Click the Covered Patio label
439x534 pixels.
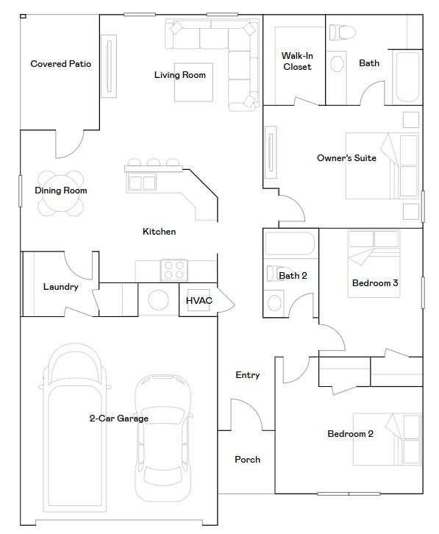(x=60, y=64)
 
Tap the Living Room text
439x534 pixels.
(x=180, y=75)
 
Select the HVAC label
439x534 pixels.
(x=199, y=300)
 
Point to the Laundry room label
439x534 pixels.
(x=60, y=287)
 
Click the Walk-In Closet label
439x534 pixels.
(x=297, y=61)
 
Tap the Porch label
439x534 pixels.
(x=247, y=460)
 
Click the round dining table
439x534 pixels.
(x=60, y=193)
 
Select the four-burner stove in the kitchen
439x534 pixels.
(x=174, y=270)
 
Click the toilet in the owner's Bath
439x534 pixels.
(x=342, y=32)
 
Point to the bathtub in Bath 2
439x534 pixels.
(x=290, y=243)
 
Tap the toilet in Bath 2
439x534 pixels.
(x=275, y=274)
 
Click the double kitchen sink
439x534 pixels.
(x=142, y=182)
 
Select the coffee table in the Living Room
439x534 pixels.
(x=193, y=82)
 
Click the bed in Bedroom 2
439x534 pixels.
(x=387, y=439)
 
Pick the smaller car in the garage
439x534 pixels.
(x=163, y=438)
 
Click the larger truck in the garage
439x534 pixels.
(x=74, y=428)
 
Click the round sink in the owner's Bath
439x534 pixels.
(x=337, y=64)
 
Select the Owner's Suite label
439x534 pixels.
(x=346, y=158)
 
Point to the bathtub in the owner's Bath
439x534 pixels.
(x=407, y=77)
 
